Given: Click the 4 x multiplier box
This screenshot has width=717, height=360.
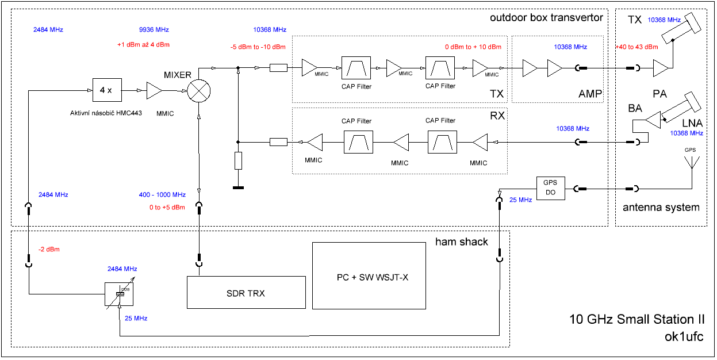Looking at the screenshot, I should pyautogui.click(x=106, y=90).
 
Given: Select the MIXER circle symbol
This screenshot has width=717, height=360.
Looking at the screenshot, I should pyautogui.click(x=198, y=90).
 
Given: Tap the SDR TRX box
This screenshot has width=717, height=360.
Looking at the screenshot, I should pyautogui.click(x=246, y=293).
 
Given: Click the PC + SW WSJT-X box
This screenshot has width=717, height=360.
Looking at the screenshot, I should pyautogui.click(x=370, y=276).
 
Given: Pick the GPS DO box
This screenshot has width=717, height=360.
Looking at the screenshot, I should pyautogui.click(x=550, y=187).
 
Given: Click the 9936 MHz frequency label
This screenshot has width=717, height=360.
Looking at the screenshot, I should pyautogui.click(x=154, y=30).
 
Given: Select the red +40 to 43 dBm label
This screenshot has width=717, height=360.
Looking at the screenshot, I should pyautogui.click(x=637, y=47).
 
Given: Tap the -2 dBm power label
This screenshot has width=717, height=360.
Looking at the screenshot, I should pyautogui.click(x=49, y=250).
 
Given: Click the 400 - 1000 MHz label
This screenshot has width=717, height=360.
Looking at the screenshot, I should pyautogui.click(x=162, y=195).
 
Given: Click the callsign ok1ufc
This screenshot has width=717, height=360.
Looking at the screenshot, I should pyautogui.click(x=684, y=336).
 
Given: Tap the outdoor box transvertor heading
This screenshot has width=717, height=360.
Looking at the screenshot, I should pyautogui.click(x=546, y=18).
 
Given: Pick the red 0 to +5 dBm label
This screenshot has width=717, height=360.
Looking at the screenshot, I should pyautogui.click(x=162, y=207).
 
